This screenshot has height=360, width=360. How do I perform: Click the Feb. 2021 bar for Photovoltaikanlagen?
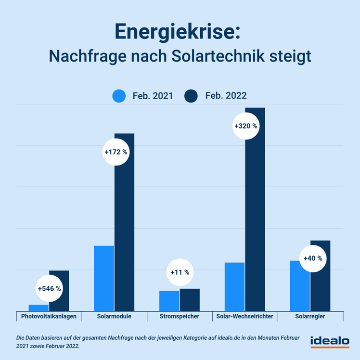[x=39, y=308]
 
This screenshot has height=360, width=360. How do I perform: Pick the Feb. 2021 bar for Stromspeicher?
[x=169, y=301]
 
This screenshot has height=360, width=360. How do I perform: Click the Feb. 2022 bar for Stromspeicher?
[x=190, y=300]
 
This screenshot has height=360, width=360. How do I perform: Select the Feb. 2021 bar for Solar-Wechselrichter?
[x=234, y=286]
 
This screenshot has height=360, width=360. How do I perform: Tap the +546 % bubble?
[x=49, y=289]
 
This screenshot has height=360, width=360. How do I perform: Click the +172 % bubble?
[x=116, y=152]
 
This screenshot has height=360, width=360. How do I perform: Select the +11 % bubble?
[x=180, y=272]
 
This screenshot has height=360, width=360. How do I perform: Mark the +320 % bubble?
[x=246, y=126]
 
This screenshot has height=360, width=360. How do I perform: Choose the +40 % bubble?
[x=312, y=258]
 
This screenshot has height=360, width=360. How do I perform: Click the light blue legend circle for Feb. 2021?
[x=119, y=96]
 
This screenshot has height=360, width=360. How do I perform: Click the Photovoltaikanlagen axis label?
[x=49, y=316]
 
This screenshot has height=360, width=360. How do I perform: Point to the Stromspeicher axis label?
[x=180, y=316]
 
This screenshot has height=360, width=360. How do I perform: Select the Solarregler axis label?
[x=310, y=316]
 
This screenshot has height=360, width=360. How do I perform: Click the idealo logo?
[x=330, y=341]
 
